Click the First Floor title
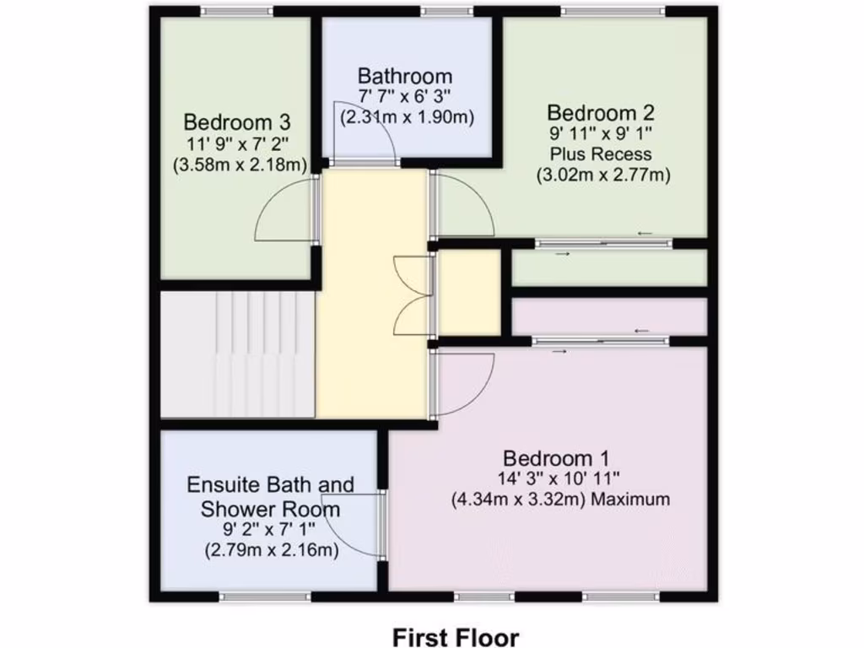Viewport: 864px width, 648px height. click(x=456, y=635)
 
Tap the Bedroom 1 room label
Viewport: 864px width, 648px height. click(x=555, y=458)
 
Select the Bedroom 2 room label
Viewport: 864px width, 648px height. click(x=601, y=112)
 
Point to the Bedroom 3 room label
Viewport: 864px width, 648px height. click(x=238, y=121)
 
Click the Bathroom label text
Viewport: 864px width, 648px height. click(x=404, y=76)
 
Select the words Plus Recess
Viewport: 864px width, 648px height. click(x=601, y=154)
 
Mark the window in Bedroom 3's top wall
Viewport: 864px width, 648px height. click(x=237, y=11)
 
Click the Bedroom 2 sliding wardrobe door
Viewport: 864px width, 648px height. click(x=603, y=244)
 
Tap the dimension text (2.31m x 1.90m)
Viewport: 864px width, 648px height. click(x=406, y=117)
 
